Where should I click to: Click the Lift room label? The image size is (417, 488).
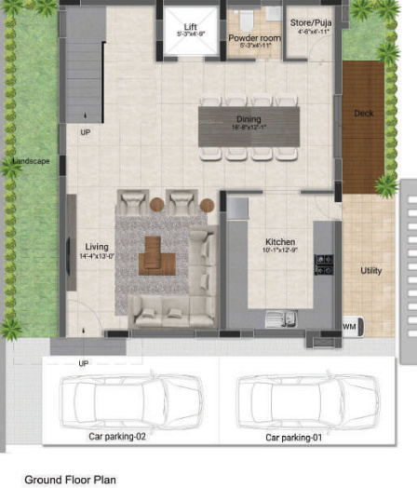click(x=190, y=28)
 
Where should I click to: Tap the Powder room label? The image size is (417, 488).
click(x=254, y=38)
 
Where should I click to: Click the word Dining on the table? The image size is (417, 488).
click(x=249, y=119)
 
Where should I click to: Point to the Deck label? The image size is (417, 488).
click(x=363, y=114)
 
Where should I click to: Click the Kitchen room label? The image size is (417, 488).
click(x=279, y=240)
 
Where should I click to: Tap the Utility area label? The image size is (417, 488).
click(x=370, y=271)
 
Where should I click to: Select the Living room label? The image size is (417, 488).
click(x=97, y=248)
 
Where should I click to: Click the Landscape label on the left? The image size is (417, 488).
click(x=30, y=162)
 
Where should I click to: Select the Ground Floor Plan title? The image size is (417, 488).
click(x=70, y=480)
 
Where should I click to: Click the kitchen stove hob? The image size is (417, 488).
click(x=323, y=264)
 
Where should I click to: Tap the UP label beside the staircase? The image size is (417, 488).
click(x=86, y=132)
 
